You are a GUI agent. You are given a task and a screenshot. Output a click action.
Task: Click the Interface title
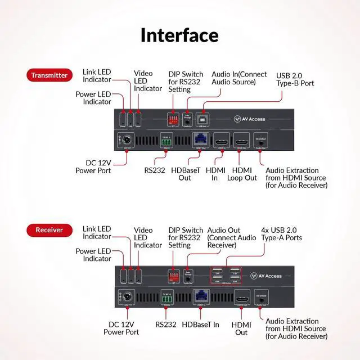coord(179,35)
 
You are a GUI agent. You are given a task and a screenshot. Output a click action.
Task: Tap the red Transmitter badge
coord(49,75)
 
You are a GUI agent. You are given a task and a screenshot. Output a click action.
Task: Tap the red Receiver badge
coord(49,229)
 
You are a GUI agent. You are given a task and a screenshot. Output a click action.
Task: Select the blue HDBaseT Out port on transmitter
coord(201,139)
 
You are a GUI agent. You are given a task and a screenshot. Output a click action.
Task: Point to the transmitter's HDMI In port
coord(220,140)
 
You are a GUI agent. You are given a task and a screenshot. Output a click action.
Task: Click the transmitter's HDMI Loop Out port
coord(242,140)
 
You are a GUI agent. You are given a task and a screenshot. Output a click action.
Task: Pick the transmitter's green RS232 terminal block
coord(166,142)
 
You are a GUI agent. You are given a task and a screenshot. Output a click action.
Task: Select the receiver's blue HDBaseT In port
coord(201,295)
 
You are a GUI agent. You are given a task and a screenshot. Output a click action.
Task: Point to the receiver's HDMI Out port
coord(242,296)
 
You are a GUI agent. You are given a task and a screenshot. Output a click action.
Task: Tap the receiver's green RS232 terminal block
coord(166,298)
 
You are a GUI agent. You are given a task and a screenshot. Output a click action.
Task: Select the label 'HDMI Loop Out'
coord(242,174)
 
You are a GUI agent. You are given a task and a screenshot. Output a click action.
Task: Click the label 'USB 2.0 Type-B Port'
coord(295,79)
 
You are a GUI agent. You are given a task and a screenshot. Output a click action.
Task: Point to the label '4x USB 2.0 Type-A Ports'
coord(281,234)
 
